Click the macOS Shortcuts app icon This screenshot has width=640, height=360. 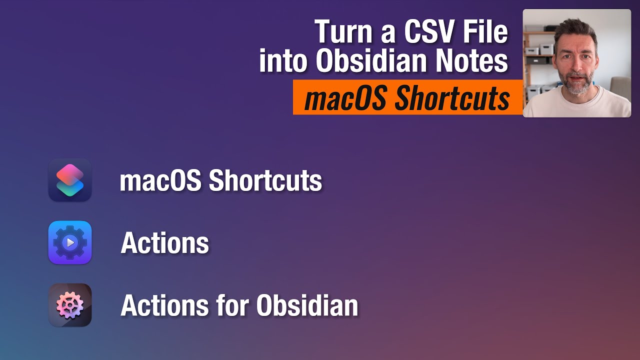(x=70, y=180)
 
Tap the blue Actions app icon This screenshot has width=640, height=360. (x=70, y=242)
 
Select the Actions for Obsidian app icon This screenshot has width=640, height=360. (x=70, y=305)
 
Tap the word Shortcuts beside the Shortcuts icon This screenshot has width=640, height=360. (x=265, y=180)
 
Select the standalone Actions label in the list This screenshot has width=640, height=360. (x=165, y=242)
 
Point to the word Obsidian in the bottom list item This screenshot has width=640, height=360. (x=307, y=305)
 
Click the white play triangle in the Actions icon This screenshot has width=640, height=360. (x=70, y=242)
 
